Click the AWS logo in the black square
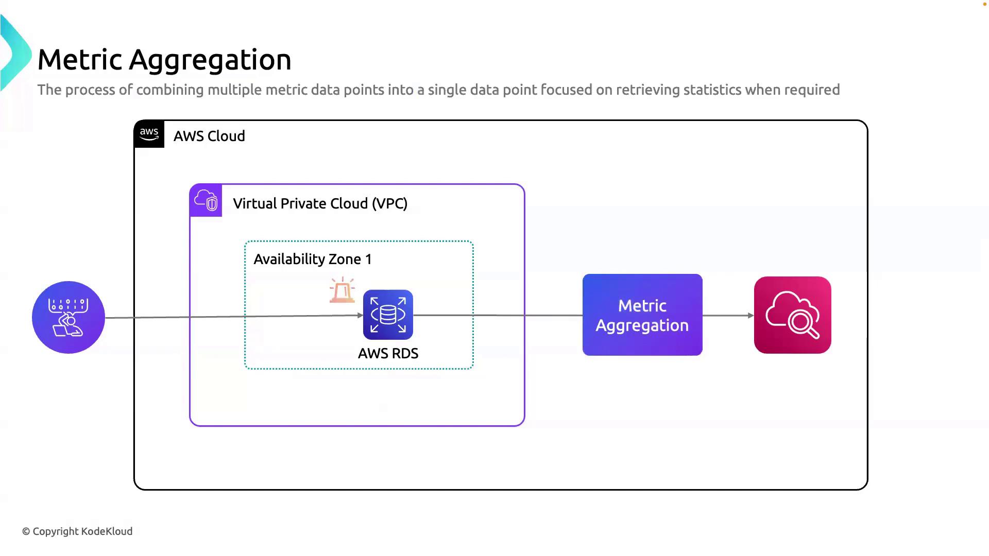point(149,134)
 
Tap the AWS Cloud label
point(209,136)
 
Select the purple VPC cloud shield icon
point(206,200)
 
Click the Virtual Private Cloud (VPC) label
point(320,204)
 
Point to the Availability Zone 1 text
point(312,259)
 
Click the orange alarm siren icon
point(343,290)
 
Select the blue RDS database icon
point(388,315)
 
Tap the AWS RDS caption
point(388,354)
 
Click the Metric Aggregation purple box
point(642,315)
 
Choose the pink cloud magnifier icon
point(792,315)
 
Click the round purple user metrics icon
point(69,317)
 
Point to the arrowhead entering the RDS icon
point(360,316)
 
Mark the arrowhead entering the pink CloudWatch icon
point(751,316)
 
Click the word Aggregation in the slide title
point(210,60)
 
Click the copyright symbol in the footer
point(26,532)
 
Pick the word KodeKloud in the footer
point(107,532)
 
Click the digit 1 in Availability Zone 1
point(368,259)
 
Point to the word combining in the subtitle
point(170,90)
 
